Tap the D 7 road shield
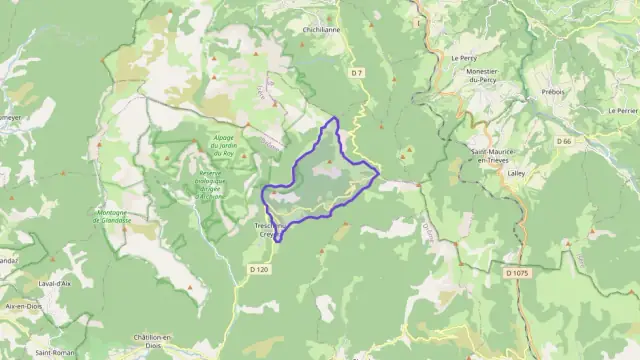(x=358, y=73)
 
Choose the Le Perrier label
(x=622, y=110)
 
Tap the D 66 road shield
(x=565, y=142)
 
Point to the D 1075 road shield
(x=517, y=273)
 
